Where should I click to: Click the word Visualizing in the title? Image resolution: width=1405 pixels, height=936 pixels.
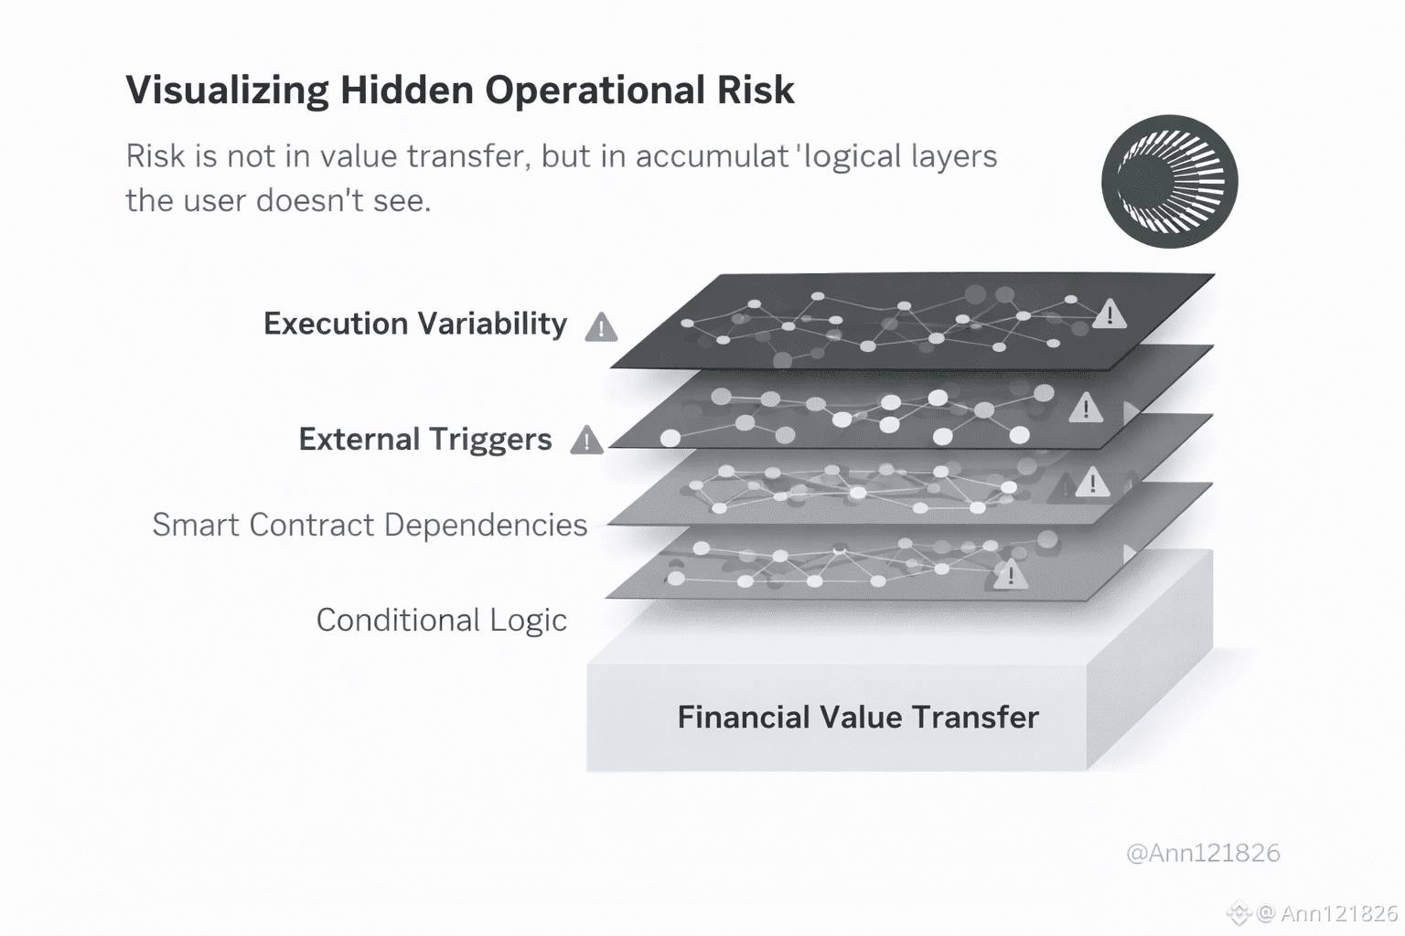pyautogui.click(x=227, y=90)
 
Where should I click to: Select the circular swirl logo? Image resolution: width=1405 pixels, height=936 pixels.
pyautogui.click(x=1169, y=181)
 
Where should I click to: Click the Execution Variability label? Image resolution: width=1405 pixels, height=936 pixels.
pyautogui.click(x=414, y=324)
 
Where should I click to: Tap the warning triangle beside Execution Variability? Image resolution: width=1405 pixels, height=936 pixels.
pyautogui.click(x=601, y=327)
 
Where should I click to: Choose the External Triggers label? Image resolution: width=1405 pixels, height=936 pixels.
pyautogui.click(x=424, y=440)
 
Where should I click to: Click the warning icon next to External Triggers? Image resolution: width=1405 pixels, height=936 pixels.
pyautogui.click(x=586, y=441)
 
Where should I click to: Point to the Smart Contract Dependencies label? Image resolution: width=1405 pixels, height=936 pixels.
pyautogui.click(x=370, y=525)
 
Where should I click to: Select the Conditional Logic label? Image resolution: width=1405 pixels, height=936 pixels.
pyautogui.click(x=441, y=620)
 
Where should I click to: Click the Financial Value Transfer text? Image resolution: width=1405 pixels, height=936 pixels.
pyautogui.click(x=858, y=717)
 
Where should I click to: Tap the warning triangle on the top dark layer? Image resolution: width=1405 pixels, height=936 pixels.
pyautogui.click(x=1110, y=314)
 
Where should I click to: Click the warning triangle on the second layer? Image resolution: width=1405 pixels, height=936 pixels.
pyautogui.click(x=1086, y=408)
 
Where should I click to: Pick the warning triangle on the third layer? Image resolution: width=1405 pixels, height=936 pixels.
pyautogui.click(x=1092, y=483)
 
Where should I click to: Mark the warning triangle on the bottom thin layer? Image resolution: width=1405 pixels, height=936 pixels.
pyautogui.click(x=1010, y=575)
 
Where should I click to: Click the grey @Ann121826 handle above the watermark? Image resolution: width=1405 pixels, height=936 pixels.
pyautogui.click(x=1203, y=853)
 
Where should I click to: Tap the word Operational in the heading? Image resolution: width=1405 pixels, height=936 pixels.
pyautogui.click(x=595, y=90)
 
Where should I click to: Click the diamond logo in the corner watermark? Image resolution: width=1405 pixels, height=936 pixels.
pyautogui.click(x=1239, y=912)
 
